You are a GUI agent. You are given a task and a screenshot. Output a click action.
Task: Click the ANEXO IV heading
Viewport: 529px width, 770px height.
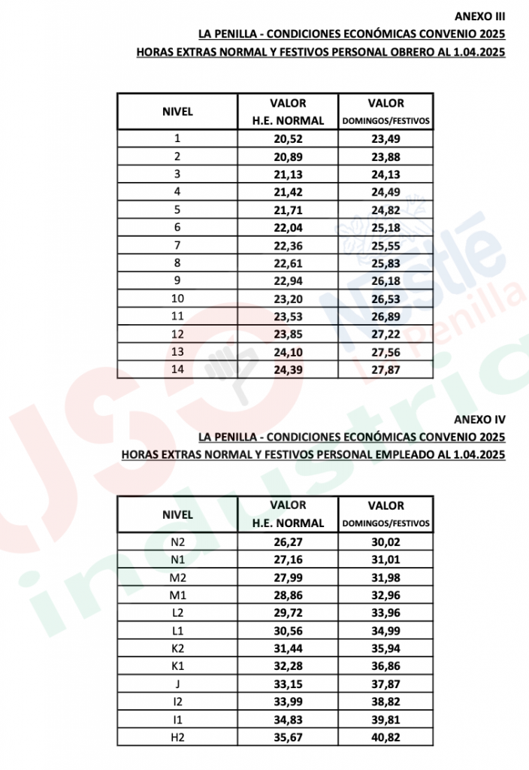coord(479,418)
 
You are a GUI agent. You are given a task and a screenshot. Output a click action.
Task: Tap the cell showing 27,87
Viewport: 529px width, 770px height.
coord(385,368)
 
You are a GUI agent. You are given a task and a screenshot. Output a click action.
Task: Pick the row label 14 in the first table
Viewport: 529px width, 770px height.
coord(177,368)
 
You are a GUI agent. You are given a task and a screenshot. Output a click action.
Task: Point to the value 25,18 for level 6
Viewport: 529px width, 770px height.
coord(385,227)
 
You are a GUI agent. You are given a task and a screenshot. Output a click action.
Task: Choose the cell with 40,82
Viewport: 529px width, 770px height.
coord(385,737)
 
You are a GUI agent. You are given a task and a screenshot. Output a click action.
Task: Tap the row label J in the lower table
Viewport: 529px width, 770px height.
coord(177,684)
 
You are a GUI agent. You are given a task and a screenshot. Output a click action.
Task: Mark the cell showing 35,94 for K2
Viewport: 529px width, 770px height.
coord(385,648)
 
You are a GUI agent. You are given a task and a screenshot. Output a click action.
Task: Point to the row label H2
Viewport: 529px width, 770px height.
coord(177,737)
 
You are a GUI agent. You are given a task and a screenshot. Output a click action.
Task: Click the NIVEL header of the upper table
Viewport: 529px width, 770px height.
coord(177,111)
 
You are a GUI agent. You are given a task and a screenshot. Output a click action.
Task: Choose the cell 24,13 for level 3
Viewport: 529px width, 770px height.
coord(385,174)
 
